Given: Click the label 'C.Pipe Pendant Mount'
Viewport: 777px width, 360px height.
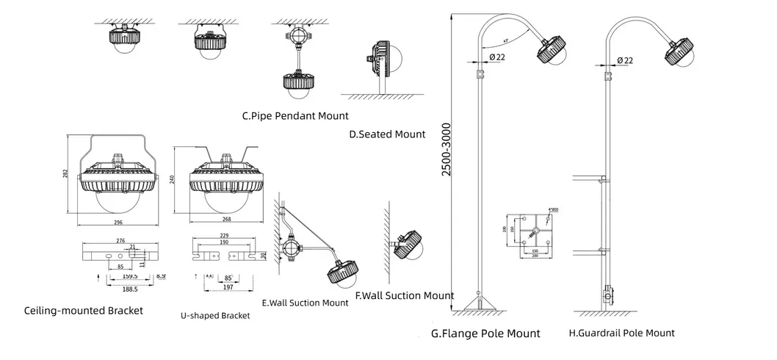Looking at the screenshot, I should pos(295,115).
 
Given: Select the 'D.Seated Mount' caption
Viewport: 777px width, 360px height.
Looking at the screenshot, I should pos(387,134).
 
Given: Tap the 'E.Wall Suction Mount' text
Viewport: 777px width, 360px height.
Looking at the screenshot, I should pos(305,302).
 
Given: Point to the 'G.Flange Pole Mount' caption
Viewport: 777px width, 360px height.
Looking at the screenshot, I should pos(485,334).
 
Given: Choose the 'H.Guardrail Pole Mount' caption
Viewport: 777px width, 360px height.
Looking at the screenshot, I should pos(621,333).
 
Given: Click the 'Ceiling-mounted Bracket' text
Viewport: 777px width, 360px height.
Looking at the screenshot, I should pos(84,311).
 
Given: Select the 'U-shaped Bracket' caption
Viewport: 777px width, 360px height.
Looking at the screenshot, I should pos(215,315).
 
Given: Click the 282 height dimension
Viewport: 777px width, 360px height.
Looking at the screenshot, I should pos(65,173).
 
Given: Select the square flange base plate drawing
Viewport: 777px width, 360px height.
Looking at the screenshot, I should pos(535,233).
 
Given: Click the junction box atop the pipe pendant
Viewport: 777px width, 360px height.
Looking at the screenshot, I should pos(298,35).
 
